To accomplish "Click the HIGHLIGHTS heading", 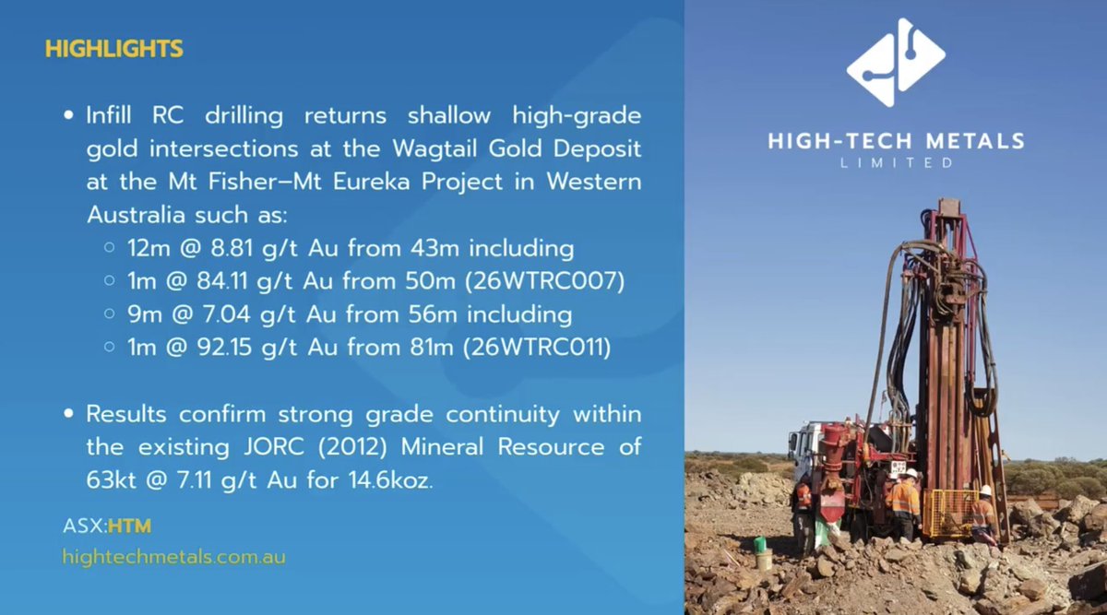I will [113, 48].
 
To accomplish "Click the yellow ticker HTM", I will [128, 526].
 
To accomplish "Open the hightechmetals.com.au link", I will [173, 556].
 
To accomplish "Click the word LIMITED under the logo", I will [895, 162].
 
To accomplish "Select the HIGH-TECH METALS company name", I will [896, 141].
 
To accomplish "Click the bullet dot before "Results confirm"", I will [69, 415].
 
